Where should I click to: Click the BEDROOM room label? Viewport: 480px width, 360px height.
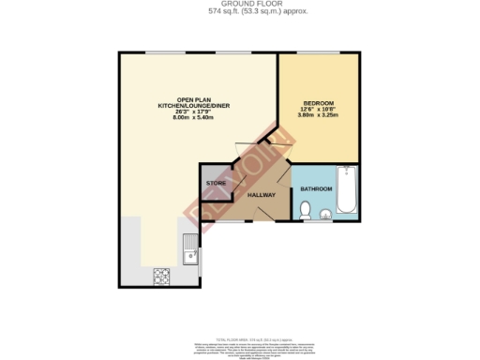pos(319,102)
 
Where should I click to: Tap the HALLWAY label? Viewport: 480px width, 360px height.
pos(260,195)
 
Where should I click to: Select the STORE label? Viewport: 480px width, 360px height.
pos(216,182)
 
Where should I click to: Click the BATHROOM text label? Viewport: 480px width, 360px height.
pos(316,190)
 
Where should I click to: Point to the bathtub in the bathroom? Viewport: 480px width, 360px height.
pos(347,192)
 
